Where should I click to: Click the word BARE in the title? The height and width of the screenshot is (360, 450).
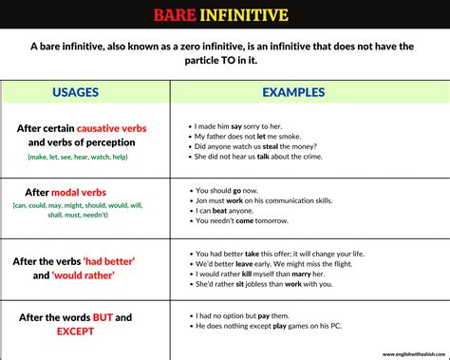[x=179, y=13]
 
